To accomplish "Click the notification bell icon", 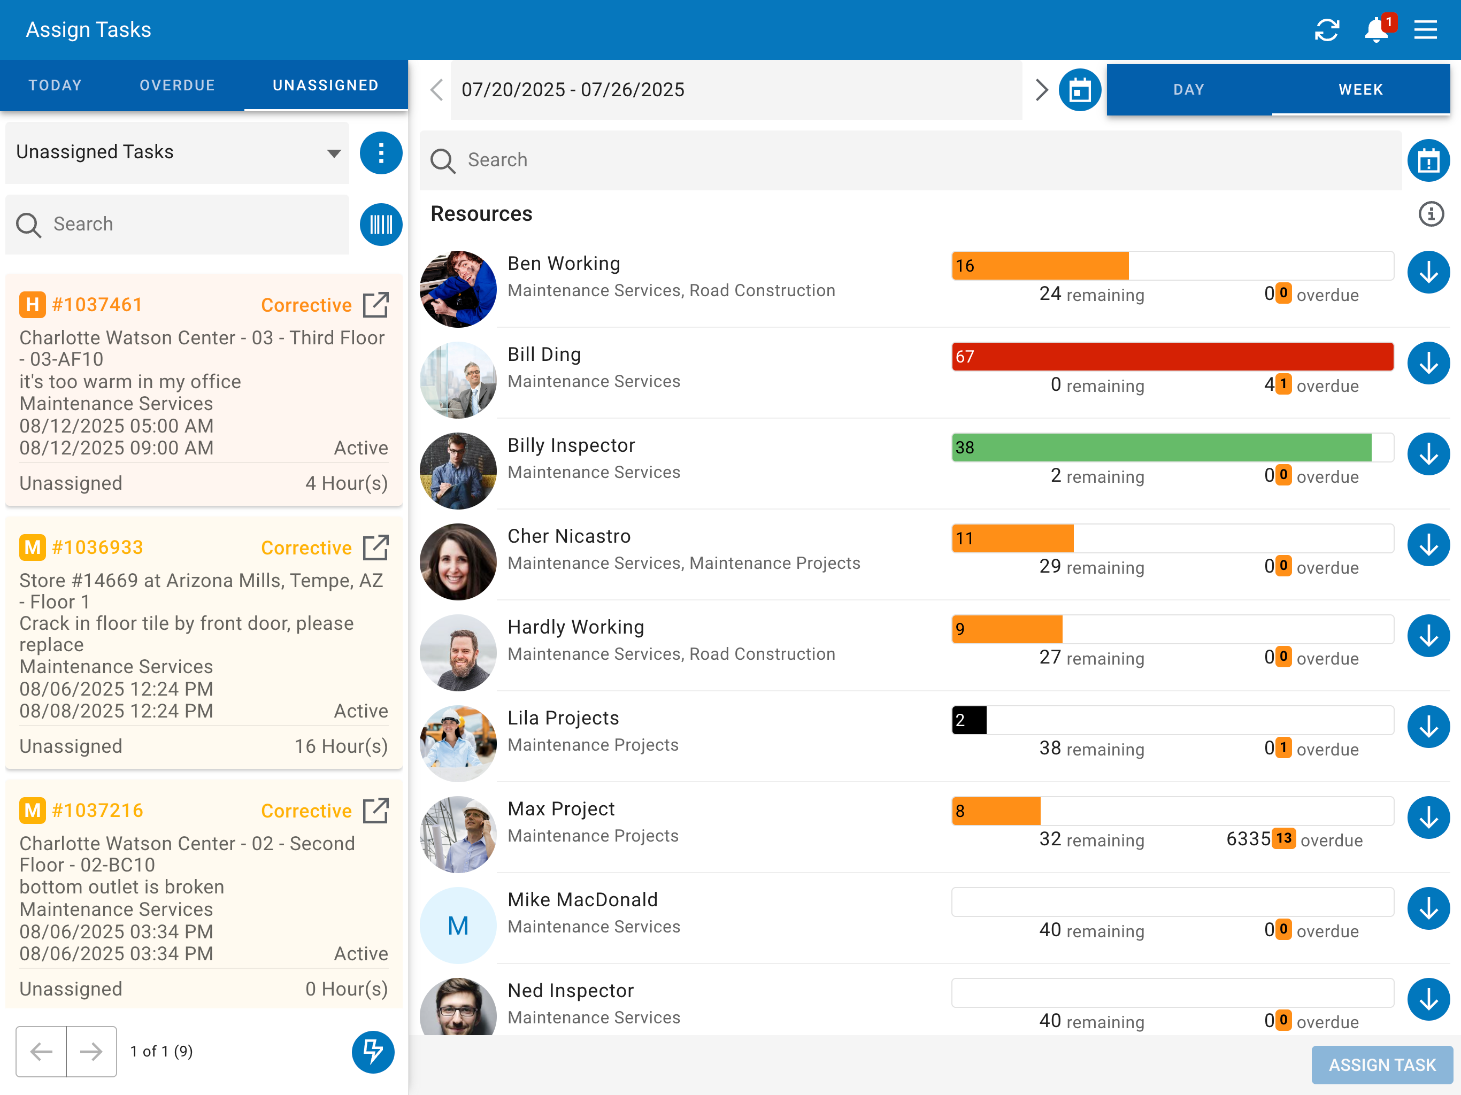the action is coord(1377,30).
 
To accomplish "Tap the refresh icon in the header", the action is coord(1327,30).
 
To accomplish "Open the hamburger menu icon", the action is coord(1425,30).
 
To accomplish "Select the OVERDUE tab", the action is coord(177,85).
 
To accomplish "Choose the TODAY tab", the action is coord(56,85).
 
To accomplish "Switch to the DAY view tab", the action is coord(1189,89).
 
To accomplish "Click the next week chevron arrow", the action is coord(1042,90).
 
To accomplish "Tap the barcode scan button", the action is coord(381,225).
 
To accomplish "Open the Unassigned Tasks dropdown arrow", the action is coord(334,153).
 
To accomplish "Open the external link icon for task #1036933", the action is coord(376,547).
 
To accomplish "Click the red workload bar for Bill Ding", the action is coord(1172,357).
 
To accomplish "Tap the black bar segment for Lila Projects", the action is coord(970,720).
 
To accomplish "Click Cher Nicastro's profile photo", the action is coord(458,562).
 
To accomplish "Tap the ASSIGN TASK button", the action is coord(1382,1065).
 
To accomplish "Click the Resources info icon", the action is coord(1431,214).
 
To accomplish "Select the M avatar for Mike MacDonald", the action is coord(458,926).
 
